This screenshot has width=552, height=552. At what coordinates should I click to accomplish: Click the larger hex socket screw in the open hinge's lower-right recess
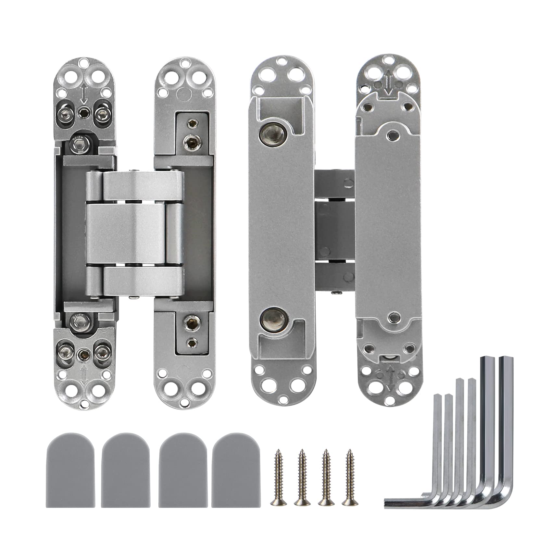[189, 322]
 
